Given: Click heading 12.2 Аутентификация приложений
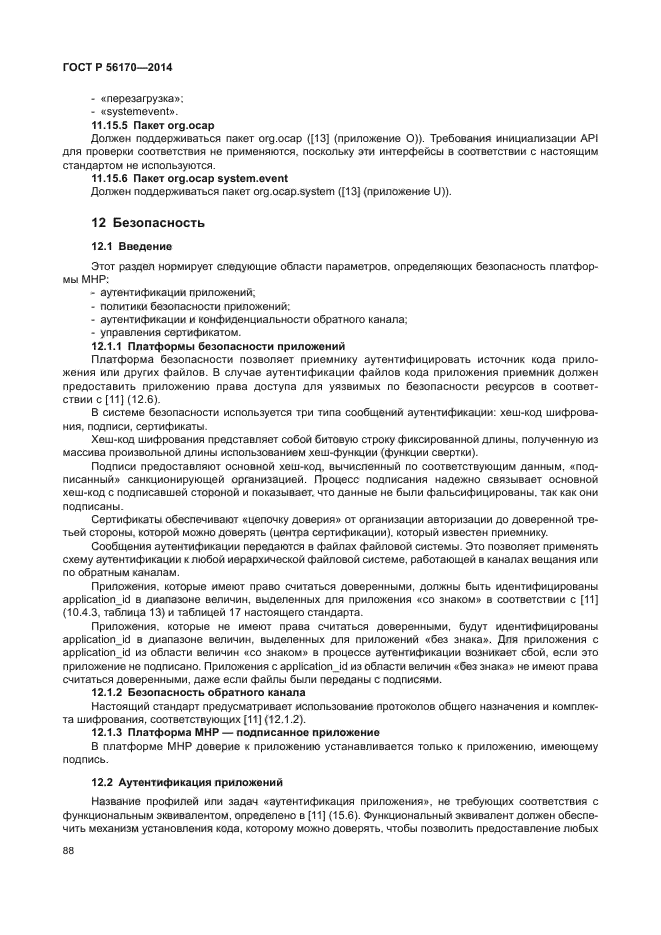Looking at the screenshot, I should (187, 781).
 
